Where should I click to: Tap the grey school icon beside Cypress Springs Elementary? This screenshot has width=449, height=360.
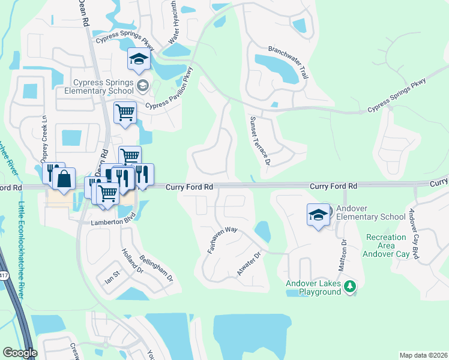click(x=142, y=86)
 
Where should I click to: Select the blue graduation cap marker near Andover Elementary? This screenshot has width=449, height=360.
click(x=318, y=215)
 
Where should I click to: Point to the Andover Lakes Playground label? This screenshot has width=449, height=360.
click(x=313, y=287)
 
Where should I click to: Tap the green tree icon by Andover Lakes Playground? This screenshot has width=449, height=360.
click(x=349, y=287)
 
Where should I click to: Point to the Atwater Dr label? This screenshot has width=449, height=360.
click(x=249, y=264)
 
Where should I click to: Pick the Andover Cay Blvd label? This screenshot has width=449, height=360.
click(x=414, y=233)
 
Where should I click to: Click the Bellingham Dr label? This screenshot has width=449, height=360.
click(x=156, y=269)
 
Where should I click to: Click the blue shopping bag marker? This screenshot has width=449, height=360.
click(x=63, y=178)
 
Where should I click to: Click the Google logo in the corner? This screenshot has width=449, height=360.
click(x=20, y=353)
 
